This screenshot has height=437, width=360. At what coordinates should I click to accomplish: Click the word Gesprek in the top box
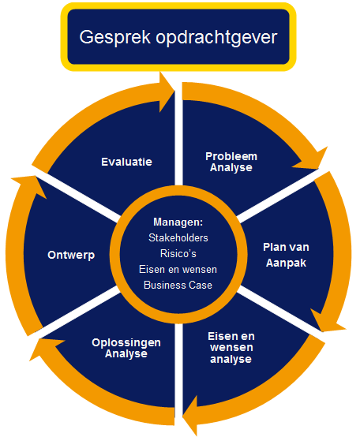115,37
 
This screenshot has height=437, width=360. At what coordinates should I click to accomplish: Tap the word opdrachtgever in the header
216,37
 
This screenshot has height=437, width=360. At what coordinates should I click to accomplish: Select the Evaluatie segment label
126,162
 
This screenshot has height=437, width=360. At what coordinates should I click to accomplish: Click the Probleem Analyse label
231,162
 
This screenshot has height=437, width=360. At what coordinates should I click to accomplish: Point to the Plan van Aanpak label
286,255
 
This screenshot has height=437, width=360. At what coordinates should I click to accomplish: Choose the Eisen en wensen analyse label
231,348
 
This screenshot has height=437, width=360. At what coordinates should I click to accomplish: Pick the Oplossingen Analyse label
126,348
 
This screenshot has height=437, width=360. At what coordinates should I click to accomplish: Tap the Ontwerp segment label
71,255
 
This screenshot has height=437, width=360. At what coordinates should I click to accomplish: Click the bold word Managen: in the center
178,222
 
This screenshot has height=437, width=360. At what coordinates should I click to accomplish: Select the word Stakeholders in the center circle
178,237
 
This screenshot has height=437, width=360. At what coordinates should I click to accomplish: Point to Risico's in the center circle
178,254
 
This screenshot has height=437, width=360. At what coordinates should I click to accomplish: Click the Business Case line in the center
178,285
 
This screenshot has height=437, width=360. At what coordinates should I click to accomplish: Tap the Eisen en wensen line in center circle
178,270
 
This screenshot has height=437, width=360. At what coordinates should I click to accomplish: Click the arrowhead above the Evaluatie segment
167,92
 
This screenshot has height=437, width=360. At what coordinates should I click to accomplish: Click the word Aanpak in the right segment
286,263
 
